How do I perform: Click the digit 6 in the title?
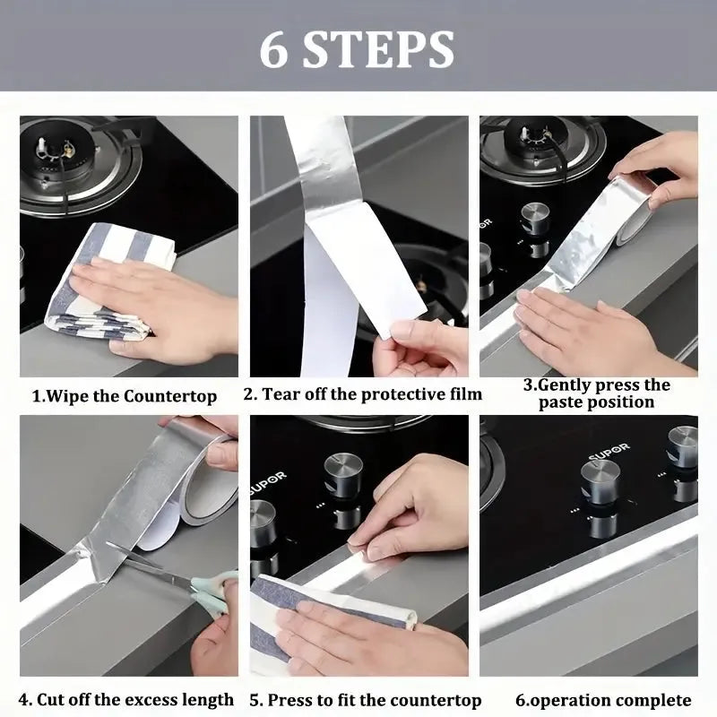274,50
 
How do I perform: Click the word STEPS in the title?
378,50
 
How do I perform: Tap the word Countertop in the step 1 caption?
170,396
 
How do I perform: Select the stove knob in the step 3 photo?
535,220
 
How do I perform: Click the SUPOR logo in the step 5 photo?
269,483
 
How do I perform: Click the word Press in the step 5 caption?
289,700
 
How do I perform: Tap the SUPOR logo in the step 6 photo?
609,451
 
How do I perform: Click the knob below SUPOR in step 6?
600,482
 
